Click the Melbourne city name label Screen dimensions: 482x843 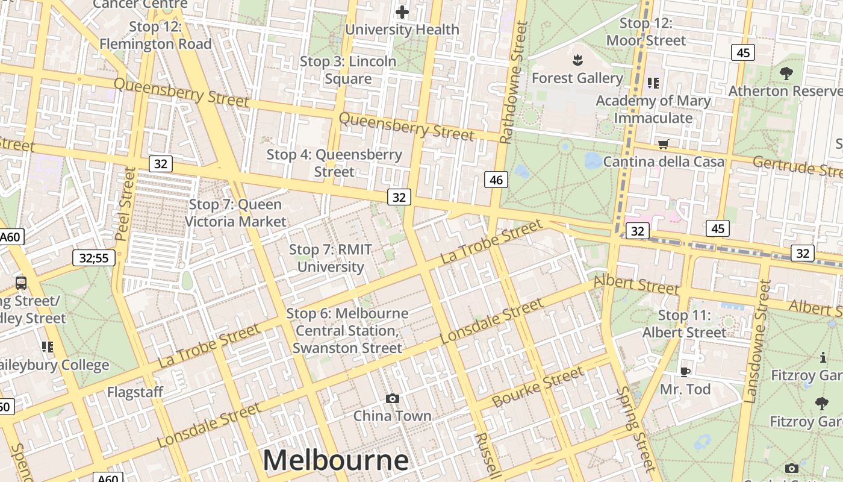pyautogui.click(x=335, y=460)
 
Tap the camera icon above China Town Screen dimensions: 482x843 pyautogui.click(x=393, y=398)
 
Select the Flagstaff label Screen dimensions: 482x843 pyautogui.click(x=135, y=392)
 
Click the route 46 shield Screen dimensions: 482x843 pyautogui.click(x=496, y=180)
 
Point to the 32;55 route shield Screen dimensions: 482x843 pyautogui.click(x=93, y=258)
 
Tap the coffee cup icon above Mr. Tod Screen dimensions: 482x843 pyautogui.click(x=685, y=371)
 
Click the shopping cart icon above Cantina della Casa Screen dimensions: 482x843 pyautogui.click(x=664, y=144)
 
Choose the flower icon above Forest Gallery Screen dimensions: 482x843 pyautogui.click(x=577, y=60)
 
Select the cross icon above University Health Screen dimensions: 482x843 pyautogui.click(x=402, y=11)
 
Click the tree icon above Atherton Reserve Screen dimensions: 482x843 pyautogui.click(x=786, y=74)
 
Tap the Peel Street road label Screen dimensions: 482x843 pyautogui.click(x=126, y=204)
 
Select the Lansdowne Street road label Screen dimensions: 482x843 pyautogui.click(x=757, y=341)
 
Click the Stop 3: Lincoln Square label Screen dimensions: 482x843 pyautogui.click(x=348, y=70)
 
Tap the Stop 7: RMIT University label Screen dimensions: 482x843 pyautogui.click(x=331, y=258)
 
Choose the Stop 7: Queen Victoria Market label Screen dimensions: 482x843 pyautogui.click(x=235, y=213)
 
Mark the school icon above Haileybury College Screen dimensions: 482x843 pyautogui.click(x=47, y=346)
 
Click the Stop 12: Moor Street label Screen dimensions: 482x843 pyautogui.click(x=645, y=32)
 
